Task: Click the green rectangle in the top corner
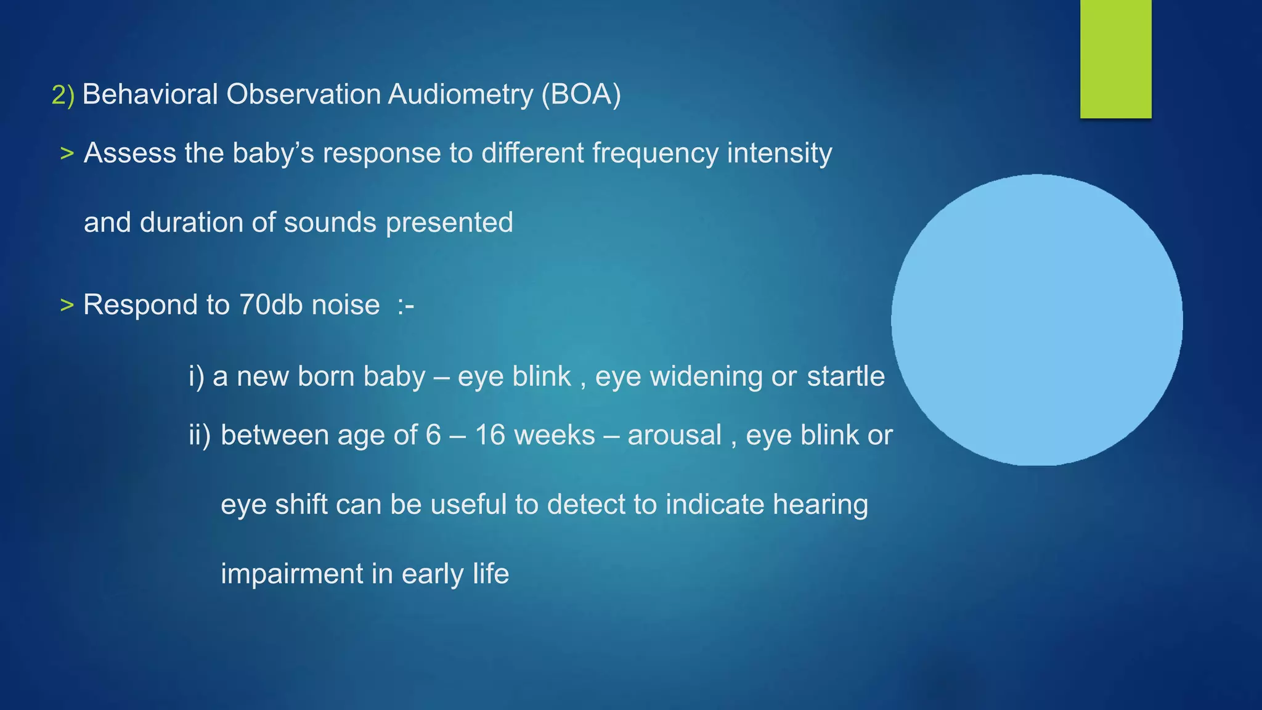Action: click(x=1115, y=59)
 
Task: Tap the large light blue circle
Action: click(x=1036, y=319)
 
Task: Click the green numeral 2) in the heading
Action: click(x=62, y=95)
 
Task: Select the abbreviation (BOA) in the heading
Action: click(x=581, y=94)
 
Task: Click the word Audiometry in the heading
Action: click(x=460, y=94)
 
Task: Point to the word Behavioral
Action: click(x=150, y=94)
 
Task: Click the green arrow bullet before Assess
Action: click(x=67, y=153)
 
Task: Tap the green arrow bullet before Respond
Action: click(x=67, y=305)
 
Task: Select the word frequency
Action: click(x=655, y=153)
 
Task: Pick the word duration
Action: click(x=191, y=222)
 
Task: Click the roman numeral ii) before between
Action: click(x=199, y=435)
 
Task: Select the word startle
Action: click(x=845, y=376)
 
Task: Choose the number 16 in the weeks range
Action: click(x=490, y=435)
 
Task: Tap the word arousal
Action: click(x=674, y=435)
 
